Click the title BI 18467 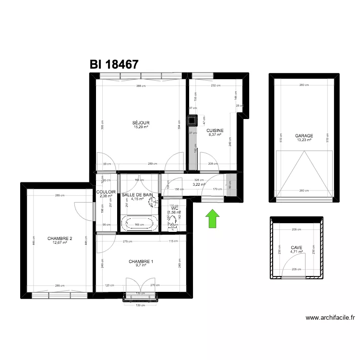[114, 64]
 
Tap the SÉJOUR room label [141, 122]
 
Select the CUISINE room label [215, 131]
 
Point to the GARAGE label [304, 136]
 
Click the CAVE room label [296, 248]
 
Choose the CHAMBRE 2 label [60, 239]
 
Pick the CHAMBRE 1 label [141, 262]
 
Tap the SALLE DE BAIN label [137, 195]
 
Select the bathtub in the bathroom [140, 223]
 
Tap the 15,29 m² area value [141, 127]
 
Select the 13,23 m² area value [304, 140]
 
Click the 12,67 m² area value [60, 243]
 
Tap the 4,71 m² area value [296, 252]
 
